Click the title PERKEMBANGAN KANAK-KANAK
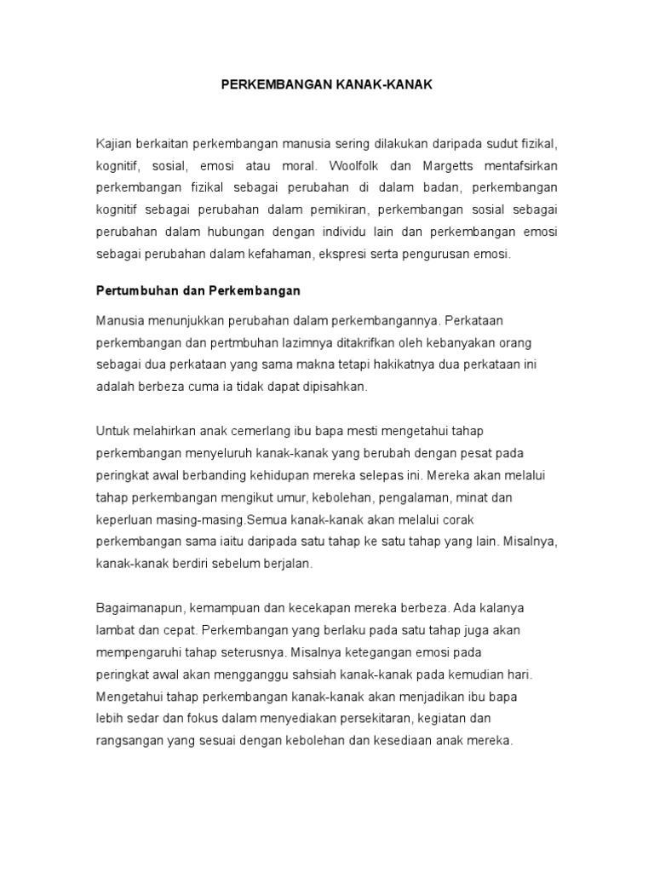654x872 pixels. tap(327, 86)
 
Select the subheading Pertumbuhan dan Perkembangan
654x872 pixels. tap(198, 290)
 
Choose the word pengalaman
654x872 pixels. tap(408, 496)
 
